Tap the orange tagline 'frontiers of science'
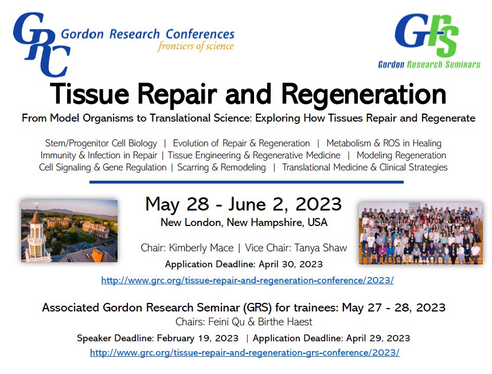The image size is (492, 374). click(196, 46)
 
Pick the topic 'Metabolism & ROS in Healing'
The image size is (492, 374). click(384, 143)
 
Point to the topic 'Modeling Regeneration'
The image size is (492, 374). click(401, 155)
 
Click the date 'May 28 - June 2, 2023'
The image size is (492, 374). click(243, 204)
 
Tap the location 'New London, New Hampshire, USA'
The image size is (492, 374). click(244, 222)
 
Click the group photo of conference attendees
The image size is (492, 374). click(420, 232)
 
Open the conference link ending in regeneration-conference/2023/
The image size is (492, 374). click(247, 280)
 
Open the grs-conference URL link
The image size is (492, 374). click(244, 352)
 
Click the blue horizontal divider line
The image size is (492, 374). click(247, 182)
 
